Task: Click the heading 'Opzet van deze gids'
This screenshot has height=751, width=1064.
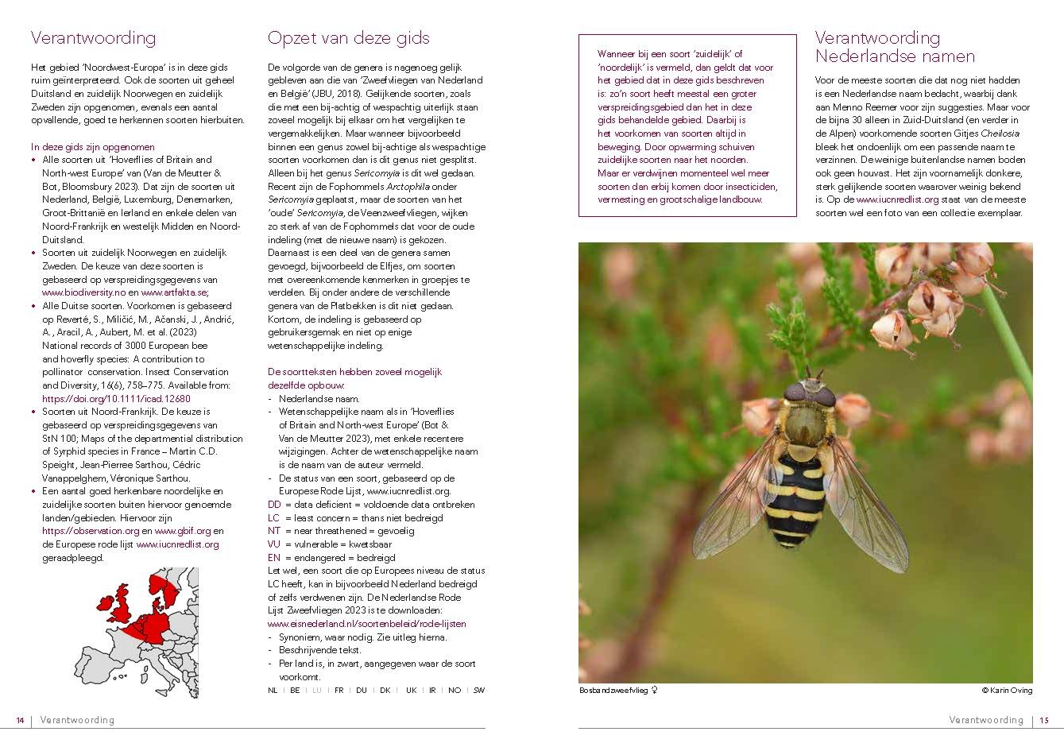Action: [x=348, y=38]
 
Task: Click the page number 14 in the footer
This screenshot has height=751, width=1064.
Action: [x=20, y=720]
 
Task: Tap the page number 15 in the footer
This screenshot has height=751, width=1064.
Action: [x=1044, y=720]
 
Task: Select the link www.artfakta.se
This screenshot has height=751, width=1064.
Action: [x=172, y=292]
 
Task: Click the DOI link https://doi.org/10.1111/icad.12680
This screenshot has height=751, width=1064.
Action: [x=116, y=398]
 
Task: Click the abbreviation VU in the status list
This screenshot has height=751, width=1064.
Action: [x=274, y=544]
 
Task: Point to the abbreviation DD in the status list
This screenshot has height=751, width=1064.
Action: [x=274, y=504]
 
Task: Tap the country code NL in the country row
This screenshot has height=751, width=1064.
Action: [x=273, y=691]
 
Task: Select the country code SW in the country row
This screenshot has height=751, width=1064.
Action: [x=478, y=691]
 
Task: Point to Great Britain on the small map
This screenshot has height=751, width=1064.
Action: [x=121, y=606]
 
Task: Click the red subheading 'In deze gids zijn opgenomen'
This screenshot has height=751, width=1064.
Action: [x=93, y=147]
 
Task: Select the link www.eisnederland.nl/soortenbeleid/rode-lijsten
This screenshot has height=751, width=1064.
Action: [x=367, y=624]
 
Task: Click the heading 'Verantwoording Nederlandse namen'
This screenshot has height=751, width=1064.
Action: [x=895, y=47]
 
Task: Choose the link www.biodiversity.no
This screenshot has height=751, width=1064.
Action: [x=84, y=292]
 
